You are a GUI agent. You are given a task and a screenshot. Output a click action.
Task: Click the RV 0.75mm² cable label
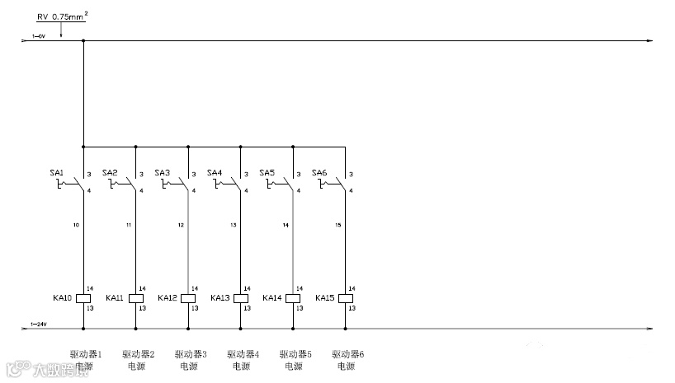pyautogui.click(x=61, y=16)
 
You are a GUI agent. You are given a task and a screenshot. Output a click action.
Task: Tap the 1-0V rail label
pyautogui.click(x=38, y=36)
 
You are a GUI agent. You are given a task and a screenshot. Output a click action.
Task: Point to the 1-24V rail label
pyautogui.click(x=39, y=325)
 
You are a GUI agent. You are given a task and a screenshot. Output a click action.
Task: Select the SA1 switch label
pyautogui.click(x=57, y=173)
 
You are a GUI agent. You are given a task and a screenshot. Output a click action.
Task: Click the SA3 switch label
pyautogui.click(x=162, y=173)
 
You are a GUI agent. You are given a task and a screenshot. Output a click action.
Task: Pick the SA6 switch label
pyautogui.click(x=319, y=173)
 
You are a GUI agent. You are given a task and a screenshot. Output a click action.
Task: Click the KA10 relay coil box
pyautogui.click(x=83, y=298)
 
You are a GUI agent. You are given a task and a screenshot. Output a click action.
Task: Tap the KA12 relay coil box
pyautogui.click(x=188, y=298)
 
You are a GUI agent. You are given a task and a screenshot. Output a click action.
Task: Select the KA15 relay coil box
pyautogui.click(x=346, y=298)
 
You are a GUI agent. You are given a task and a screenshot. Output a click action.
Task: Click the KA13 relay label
pyautogui.click(x=219, y=298)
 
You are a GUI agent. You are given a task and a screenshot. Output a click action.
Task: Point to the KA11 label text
pyautogui.click(x=115, y=298)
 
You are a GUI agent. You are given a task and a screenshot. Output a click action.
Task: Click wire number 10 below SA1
pyautogui.click(x=76, y=225)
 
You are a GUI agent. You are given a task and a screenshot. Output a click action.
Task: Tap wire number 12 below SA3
pyautogui.click(x=181, y=225)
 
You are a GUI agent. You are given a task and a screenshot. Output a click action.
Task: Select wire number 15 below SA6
pyautogui.click(x=337, y=225)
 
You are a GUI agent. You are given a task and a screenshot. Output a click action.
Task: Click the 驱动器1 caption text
pyautogui.click(x=86, y=353)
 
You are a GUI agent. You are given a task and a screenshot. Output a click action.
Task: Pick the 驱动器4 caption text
pyautogui.click(x=243, y=353)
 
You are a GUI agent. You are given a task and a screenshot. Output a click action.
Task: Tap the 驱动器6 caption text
pyautogui.click(x=348, y=353)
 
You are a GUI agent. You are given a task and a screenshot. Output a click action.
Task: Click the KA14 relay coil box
pyautogui.click(x=293, y=298)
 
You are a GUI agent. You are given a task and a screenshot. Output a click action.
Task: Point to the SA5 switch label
pyautogui.click(x=267, y=173)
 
